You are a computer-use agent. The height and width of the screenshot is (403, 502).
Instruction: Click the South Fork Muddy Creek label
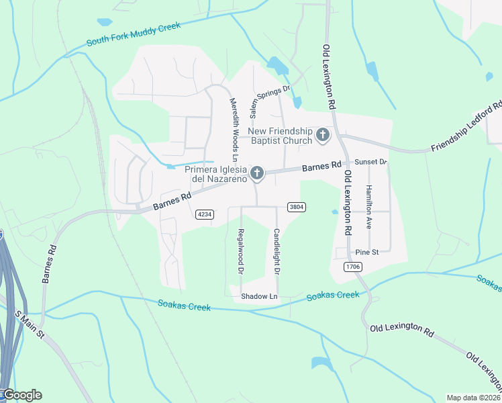(134, 35)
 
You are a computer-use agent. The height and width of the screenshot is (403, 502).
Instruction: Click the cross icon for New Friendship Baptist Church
(323, 135)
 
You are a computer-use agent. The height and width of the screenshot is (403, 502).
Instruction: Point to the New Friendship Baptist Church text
(281, 136)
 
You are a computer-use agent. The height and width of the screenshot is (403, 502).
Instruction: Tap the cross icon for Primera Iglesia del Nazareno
(256, 174)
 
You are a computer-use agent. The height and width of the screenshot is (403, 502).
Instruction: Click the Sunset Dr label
(371, 162)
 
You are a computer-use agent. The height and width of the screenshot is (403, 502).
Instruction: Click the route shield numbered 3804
(297, 207)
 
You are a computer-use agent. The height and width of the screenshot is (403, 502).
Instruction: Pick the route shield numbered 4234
(205, 214)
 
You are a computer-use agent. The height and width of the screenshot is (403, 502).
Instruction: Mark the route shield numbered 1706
(353, 267)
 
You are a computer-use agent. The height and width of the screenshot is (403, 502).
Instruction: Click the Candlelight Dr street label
(276, 251)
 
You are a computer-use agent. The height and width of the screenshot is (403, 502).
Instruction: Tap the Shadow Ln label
(259, 296)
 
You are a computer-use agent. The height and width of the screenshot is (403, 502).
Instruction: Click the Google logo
(21, 395)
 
